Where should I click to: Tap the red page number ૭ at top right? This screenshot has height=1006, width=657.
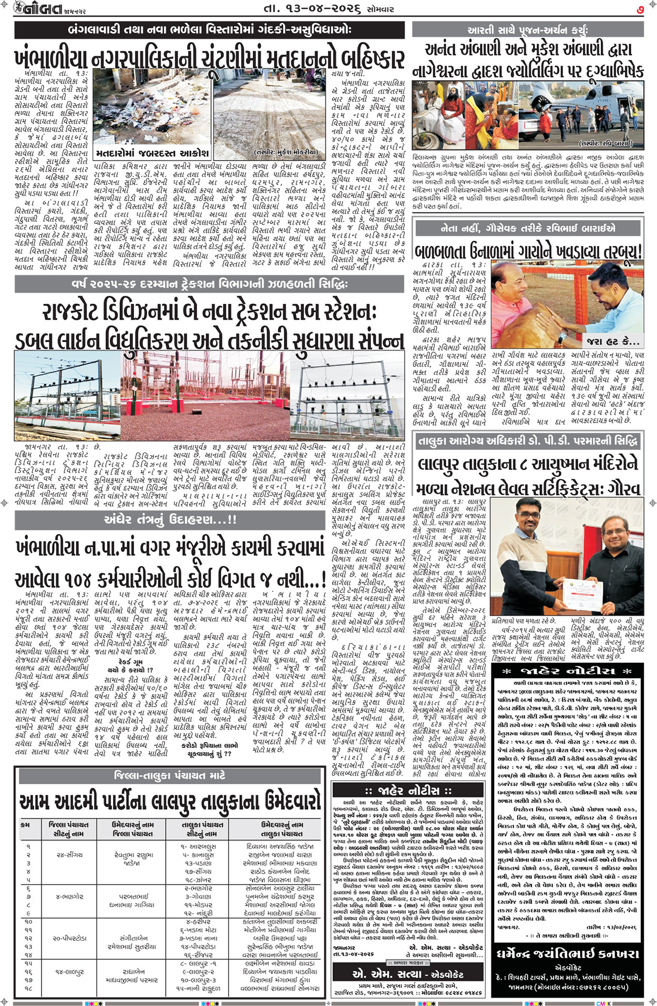point(640,9)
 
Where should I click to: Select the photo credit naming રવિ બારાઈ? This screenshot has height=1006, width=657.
point(605,143)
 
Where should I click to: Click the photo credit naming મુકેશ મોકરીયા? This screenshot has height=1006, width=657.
point(286,152)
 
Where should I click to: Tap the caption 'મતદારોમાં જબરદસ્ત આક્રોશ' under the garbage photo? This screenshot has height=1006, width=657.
point(152,153)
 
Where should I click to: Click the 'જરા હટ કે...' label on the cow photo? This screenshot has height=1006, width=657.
point(614,342)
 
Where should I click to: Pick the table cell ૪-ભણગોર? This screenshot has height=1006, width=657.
point(68,897)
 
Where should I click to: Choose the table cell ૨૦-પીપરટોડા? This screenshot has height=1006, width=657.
point(68,938)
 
